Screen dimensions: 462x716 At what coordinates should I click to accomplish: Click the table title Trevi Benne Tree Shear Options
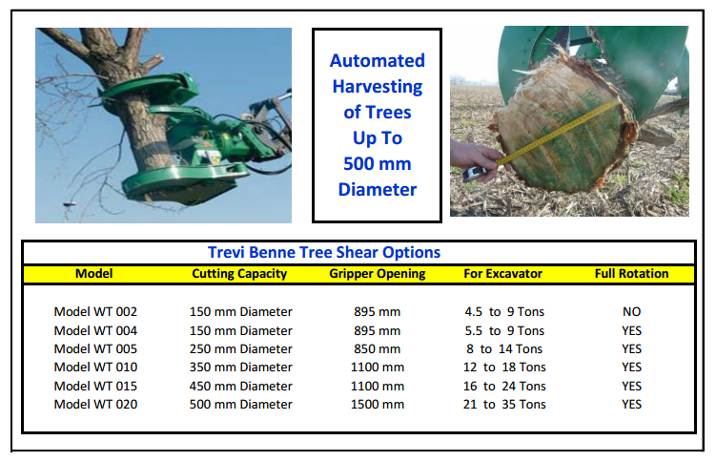324,253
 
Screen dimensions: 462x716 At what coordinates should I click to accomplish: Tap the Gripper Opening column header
377,274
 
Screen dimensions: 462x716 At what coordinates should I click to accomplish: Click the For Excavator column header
503,274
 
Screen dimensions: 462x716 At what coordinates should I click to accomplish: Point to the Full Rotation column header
631,274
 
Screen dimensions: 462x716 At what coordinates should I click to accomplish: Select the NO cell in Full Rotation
631,312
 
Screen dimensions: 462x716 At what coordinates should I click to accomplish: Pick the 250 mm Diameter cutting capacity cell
241,349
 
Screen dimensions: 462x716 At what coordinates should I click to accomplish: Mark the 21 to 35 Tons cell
503,405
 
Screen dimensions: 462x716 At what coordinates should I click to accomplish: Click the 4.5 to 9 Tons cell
503,312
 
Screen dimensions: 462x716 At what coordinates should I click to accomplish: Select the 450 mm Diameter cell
241,387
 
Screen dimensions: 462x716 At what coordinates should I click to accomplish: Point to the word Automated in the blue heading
378,61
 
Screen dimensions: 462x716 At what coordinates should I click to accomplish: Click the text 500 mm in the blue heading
378,163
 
